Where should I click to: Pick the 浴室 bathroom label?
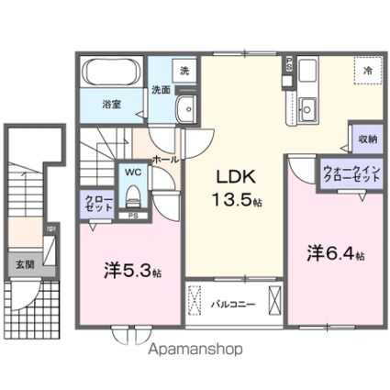(x=113, y=105)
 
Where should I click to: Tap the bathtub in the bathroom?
(x=109, y=72)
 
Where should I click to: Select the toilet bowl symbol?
(x=133, y=194)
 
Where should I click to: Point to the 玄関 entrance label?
(x=23, y=263)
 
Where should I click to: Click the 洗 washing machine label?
(x=184, y=70)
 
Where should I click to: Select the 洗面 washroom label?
(x=161, y=90)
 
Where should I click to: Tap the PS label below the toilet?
(x=132, y=217)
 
